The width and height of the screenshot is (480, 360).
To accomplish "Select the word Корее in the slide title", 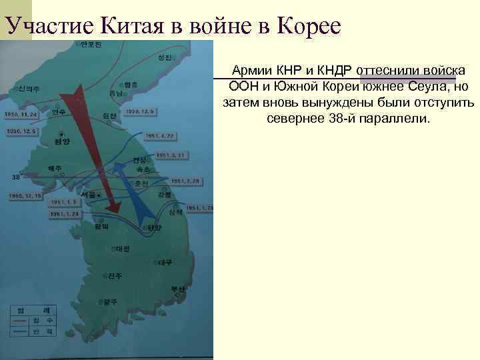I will [x=307, y=26].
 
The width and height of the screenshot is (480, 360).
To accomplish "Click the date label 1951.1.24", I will [x=65, y=214].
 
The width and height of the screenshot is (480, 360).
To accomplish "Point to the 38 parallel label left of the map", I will [x=16, y=177].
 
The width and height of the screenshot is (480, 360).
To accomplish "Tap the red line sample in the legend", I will [x=23, y=321].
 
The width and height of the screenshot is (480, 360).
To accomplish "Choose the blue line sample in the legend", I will [x=23, y=331].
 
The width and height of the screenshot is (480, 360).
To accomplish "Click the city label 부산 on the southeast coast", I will [x=177, y=289].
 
